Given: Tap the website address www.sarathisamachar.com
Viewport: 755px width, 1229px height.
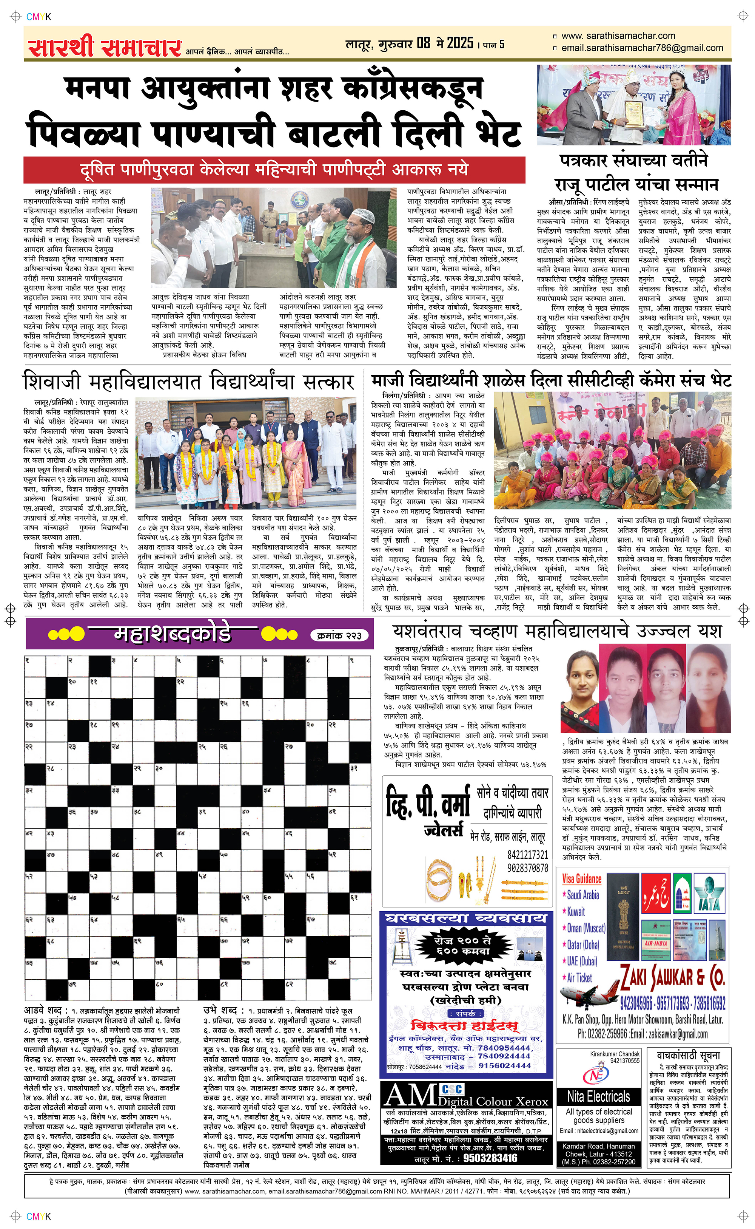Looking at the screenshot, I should click(618, 36).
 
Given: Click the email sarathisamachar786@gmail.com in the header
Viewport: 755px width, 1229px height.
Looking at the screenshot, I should click(642, 48).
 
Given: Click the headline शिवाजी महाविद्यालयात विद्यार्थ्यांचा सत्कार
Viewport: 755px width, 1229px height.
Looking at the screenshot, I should click(189, 382).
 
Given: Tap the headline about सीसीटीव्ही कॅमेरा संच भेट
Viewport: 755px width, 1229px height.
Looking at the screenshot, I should click(551, 381).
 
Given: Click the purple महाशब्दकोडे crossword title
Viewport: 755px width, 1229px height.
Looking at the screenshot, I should click(172, 634).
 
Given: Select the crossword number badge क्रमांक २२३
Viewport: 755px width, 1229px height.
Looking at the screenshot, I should click(342, 635).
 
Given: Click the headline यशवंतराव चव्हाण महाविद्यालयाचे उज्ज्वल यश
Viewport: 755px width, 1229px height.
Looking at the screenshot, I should click(557, 631).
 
